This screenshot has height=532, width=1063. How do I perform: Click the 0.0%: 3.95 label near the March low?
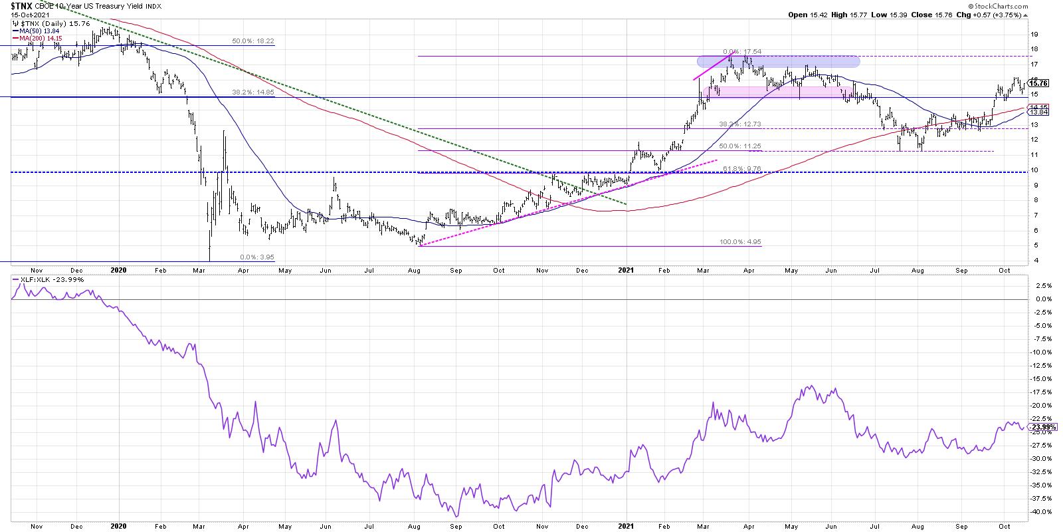coord(256,257)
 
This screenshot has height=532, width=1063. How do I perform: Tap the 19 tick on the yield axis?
coord(1034,34)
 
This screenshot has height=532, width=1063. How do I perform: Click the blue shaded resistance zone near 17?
coord(777,61)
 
